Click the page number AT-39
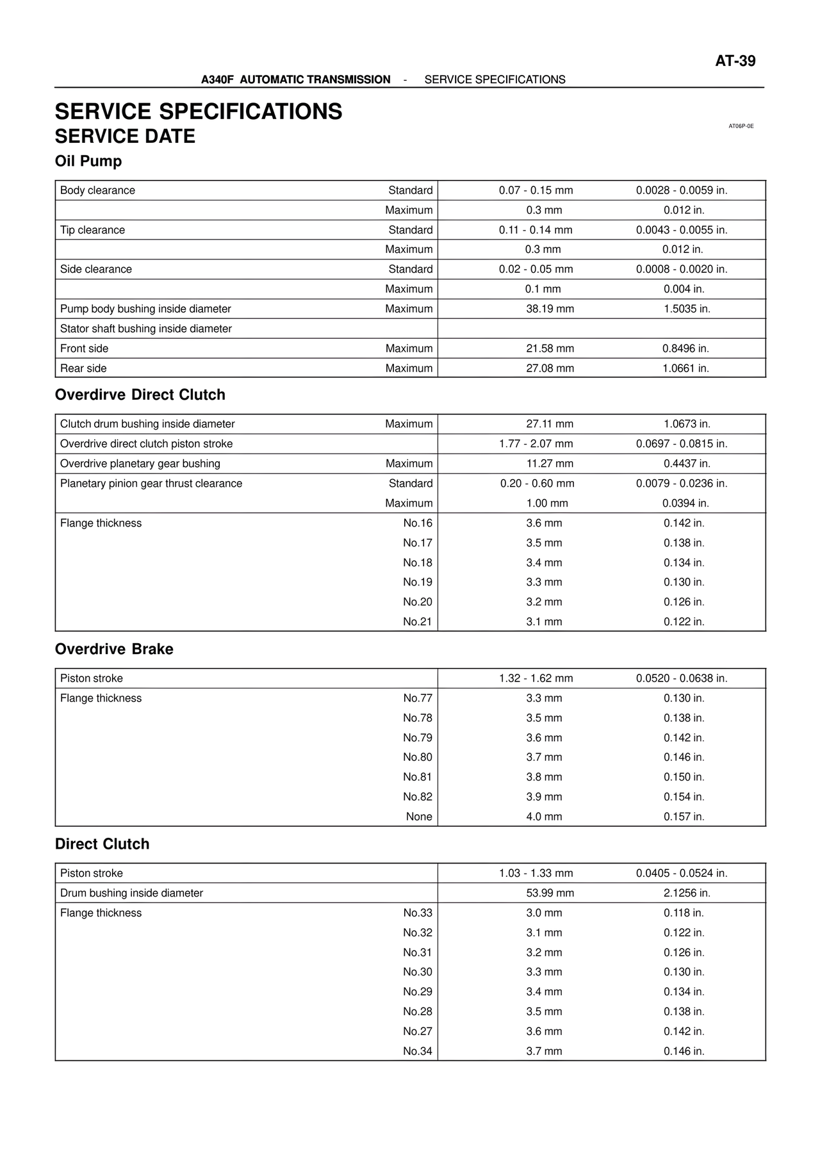(x=735, y=61)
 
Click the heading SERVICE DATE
(x=125, y=136)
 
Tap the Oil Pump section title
(x=88, y=161)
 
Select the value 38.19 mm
(x=550, y=309)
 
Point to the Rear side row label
(x=83, y=368)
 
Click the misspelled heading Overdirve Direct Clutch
(x=140, y=395)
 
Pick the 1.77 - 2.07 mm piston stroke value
(x=536, y=444)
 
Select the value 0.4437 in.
(x=686, y=464)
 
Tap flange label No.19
(x=417, y=582)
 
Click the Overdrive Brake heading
(x=114, y=649)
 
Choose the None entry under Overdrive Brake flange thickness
(x=419, y=817)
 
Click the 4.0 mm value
(x=544, y=817)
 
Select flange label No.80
(x=417, y=757)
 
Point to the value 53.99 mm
(x=550, y=893)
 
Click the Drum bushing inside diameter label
(x=131, y=893)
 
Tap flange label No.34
(x=417, y=1051)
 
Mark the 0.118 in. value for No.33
(x=684, y=913)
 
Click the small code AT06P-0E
(x=741, y=126)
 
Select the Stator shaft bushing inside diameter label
(x=145, y=329)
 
